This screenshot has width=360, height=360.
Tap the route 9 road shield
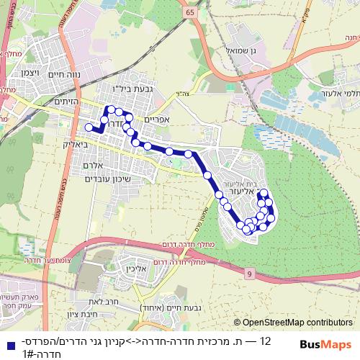[x=248, y=274]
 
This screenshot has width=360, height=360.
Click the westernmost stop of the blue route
[x=89, y=127]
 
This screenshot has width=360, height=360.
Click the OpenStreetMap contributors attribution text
[x=299, y=323]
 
